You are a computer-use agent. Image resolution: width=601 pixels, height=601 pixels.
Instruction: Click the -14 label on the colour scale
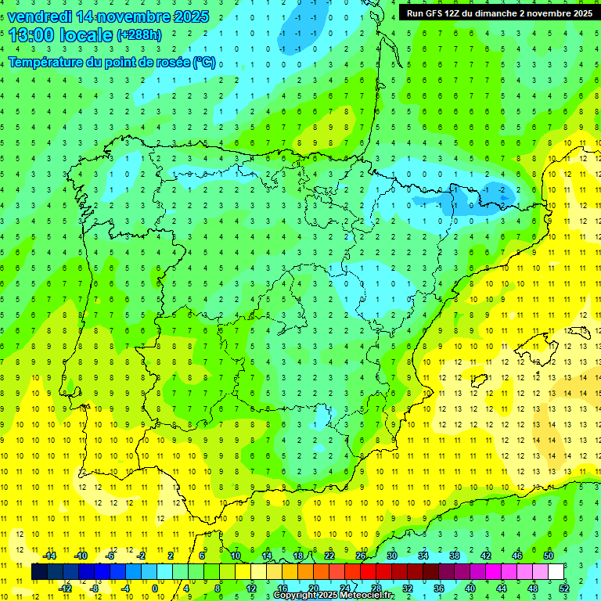(49, 556)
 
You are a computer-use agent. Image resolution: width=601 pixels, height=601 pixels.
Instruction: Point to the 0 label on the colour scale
(155, 588)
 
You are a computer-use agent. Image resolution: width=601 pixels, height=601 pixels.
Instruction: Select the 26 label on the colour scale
(361, 556)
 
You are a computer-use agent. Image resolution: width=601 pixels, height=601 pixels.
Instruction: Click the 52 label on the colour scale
(563, 588)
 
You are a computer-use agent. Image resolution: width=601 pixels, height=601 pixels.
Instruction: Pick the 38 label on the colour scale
(455, 556)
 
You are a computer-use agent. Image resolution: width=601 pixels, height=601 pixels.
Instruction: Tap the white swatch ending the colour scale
(556, 572)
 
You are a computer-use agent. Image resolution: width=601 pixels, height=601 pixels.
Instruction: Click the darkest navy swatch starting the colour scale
(39, 572)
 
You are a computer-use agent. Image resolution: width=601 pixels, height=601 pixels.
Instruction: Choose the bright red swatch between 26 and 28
(368, 572)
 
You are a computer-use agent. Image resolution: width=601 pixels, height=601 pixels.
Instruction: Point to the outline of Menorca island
(580, 333)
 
